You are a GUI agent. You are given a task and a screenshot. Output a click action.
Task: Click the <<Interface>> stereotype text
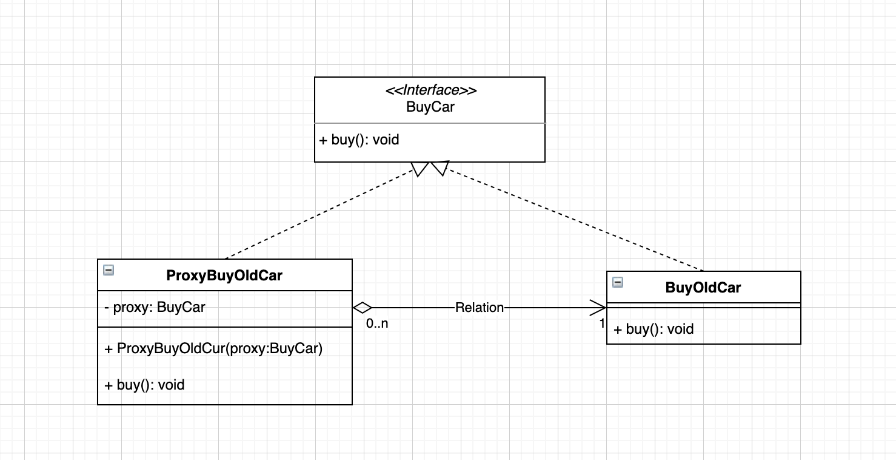click(x=430, y=90)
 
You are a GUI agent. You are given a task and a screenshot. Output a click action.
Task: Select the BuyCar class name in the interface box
click(x=430, y=107)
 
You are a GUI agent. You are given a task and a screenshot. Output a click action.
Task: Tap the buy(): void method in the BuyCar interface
click(x=359, y=140)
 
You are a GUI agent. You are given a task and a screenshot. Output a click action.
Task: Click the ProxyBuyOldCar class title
click(x=224, y=276)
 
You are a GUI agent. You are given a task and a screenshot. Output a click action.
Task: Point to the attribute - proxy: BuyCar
click(x=155, y=307)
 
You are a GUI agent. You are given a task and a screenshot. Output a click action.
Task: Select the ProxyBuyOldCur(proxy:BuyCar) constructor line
click(x=213, y=349)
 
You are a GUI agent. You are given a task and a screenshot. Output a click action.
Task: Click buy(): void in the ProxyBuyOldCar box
click(x=145, y=384)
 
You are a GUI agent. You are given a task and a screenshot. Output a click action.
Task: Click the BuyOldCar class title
click(x=703, y=287)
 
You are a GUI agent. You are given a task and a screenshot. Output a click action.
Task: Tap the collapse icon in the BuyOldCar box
click(x=618, y=282)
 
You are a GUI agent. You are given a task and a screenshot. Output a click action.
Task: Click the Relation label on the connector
click(x=480, y=308)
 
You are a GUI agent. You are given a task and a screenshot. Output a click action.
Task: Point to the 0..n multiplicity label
click(x=377, y=323)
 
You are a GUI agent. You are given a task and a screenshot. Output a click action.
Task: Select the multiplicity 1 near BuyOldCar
click(x=602, y=323)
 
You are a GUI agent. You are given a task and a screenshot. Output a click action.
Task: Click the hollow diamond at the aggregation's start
click(x=362, y=308)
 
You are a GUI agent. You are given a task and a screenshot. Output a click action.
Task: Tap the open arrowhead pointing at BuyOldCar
click(x=597, y=308)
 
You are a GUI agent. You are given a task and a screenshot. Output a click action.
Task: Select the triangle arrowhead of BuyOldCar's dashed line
click(x=440, y=168)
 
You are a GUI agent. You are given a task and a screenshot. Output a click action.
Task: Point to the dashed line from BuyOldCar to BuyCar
click(x=570, y=219)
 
